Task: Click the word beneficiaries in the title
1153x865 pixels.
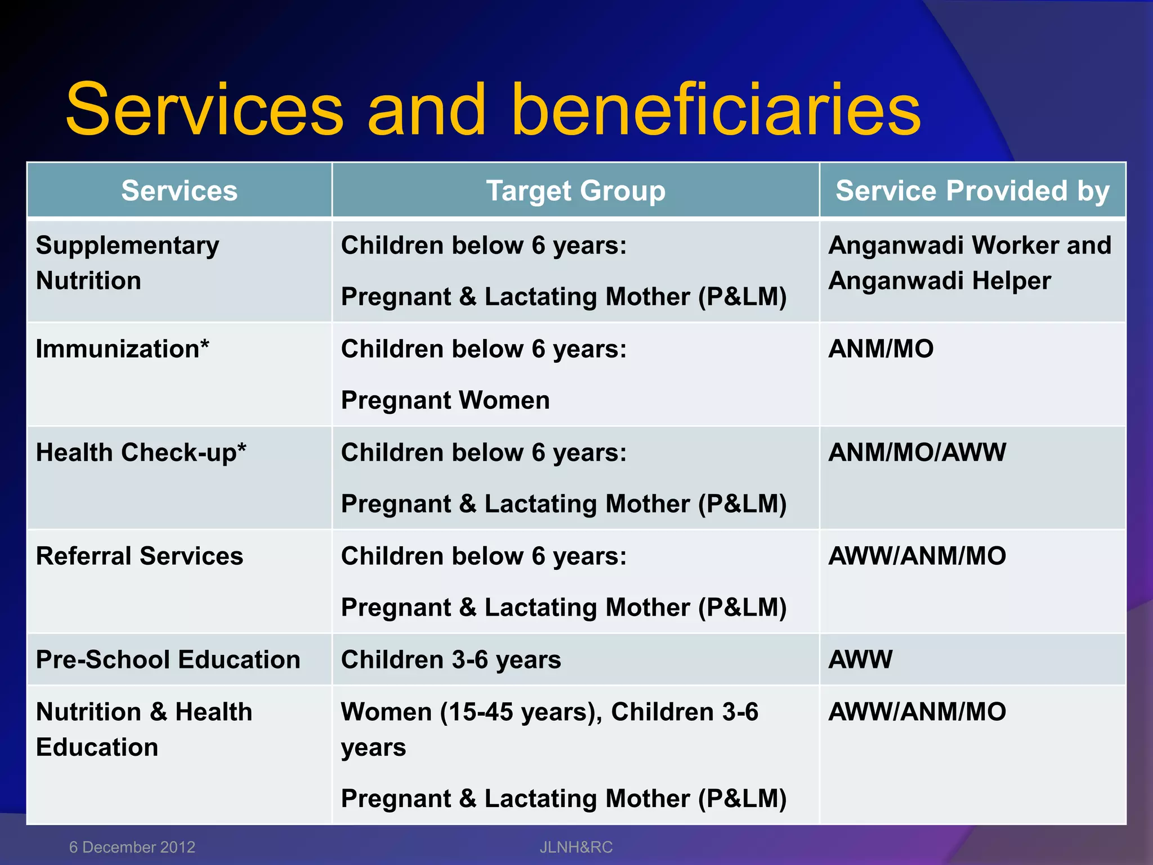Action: (715, 110)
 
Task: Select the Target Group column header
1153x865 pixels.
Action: (575, 190)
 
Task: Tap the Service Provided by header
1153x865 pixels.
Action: (972, 190)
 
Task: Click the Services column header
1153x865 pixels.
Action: (179, 190)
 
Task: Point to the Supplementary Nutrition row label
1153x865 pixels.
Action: (127, 263)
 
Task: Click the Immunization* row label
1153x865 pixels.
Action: (122, 349)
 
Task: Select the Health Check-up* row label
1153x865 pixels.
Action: (141, 452)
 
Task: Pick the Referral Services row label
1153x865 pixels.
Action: (139, 556)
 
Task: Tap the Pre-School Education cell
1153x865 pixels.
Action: (168, 659)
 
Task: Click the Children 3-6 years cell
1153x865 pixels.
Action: (450, 659)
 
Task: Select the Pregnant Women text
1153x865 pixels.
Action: (445, 400)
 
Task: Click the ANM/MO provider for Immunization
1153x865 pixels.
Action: (881, 349)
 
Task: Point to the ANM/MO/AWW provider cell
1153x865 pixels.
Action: (917, 452)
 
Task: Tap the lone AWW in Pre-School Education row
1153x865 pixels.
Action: (860, 659)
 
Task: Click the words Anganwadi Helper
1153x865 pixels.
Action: (939, 280)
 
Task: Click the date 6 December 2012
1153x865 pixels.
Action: (132, 847)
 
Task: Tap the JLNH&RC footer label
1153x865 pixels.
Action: (575, 847)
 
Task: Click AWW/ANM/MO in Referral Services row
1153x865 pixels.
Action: (917, 556)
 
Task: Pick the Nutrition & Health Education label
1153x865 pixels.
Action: (144, 729)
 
